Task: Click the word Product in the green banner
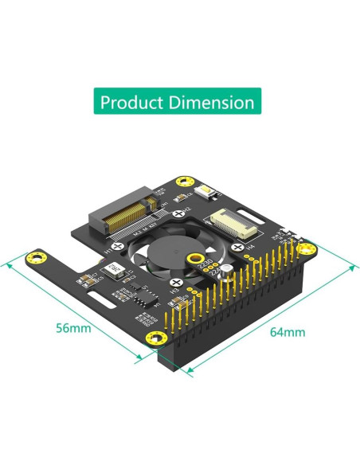tap(134, 103)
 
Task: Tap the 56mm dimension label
tap(73, 327)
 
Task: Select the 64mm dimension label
tap(288, 331)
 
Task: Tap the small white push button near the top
tap(209, 193)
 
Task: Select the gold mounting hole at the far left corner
tap(35, 256)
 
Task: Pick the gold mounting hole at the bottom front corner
tap(151, 339)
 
